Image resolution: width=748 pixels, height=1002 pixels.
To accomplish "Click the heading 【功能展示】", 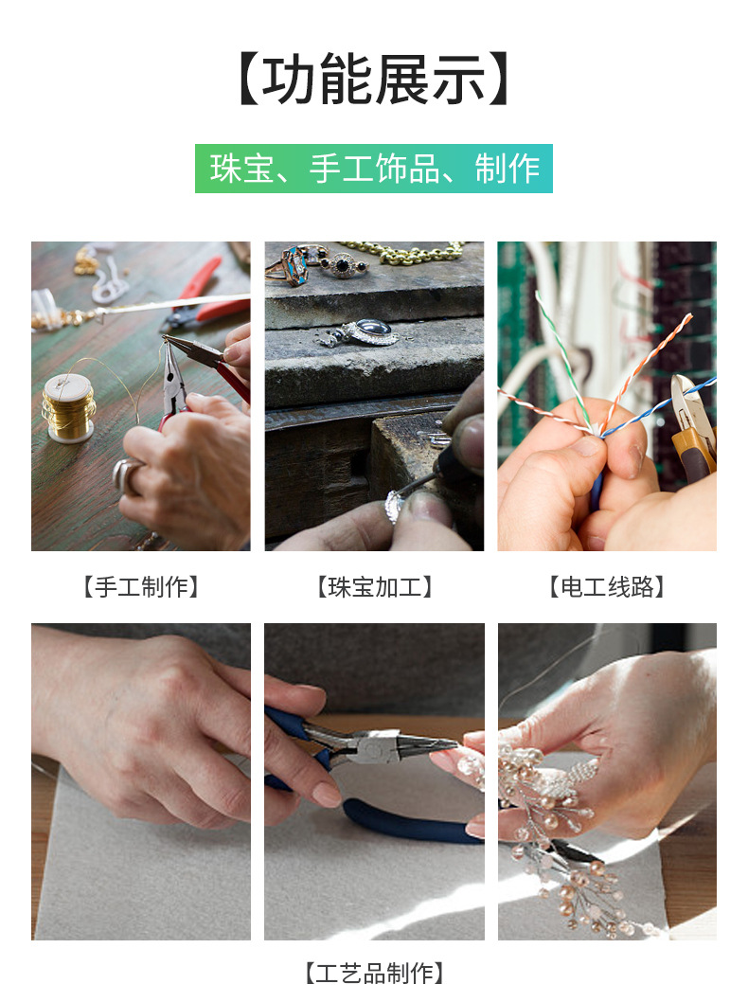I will pyautogui.click(x=374, y=80).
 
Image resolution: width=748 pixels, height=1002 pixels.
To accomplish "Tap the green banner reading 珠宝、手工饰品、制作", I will pyautogui.click(x=374, y=169).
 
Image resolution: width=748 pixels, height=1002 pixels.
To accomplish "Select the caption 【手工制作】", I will pyautogui.click(x=141, y=587).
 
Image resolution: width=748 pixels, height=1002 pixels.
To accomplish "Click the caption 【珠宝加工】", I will pyautogui.click(x=374, y=587).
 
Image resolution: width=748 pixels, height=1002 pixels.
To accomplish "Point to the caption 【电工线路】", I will pyautogui.click(x=607, y=587).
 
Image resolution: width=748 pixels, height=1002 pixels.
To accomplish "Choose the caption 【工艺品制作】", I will pyautogui.click(x=374, y=973).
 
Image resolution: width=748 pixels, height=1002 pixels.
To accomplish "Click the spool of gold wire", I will pyautogui.click(x=68, y=405).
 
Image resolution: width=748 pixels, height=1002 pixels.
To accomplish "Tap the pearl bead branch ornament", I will pyautogui.click(x=559, y=833).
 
